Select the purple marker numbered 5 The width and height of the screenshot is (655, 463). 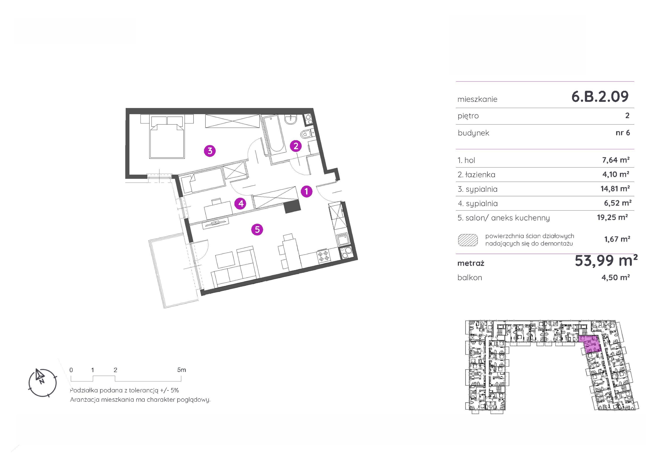click(257, 229)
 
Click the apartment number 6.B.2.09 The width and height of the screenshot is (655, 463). click(600, 96)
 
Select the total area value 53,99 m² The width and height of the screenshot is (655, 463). click(606, 260)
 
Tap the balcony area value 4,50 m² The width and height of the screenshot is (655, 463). click(616, 277)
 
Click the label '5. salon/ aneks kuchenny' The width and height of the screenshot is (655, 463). click(504, 218)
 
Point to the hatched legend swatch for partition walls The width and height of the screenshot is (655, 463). click(468, 240)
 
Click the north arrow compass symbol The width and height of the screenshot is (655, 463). click(42, 383)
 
